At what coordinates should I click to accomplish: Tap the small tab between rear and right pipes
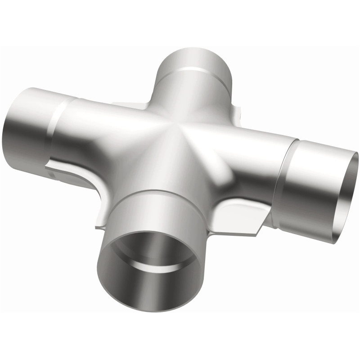[x=234, y=110]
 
